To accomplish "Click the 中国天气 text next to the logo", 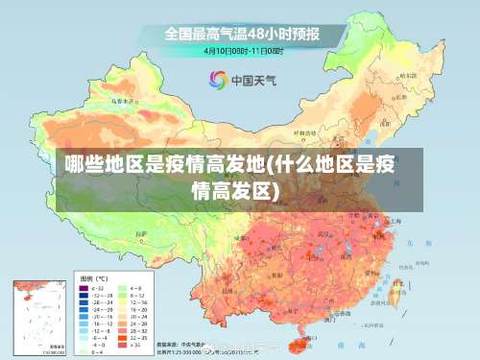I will coord(254,80).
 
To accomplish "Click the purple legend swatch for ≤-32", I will coord(84,288).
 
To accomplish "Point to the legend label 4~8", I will coord(136,288).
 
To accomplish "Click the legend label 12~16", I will coord(138,303).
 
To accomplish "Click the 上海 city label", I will coord(396,220).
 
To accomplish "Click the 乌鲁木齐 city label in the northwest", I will coord(120,100).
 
